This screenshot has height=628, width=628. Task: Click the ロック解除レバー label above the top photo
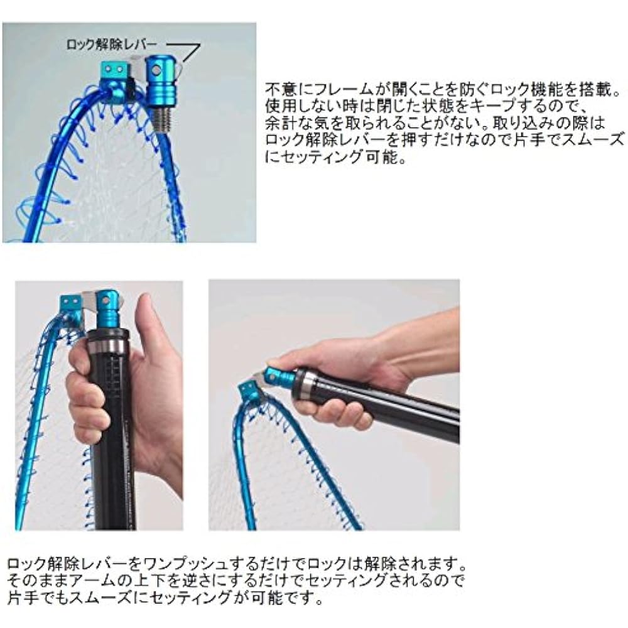(x=111, y=45)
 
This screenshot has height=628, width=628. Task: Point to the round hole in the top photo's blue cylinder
(x=156, y=71)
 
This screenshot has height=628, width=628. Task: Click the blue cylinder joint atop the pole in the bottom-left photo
(x=107, y=309)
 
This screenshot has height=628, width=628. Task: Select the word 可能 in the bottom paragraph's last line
(x=266, y=598)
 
